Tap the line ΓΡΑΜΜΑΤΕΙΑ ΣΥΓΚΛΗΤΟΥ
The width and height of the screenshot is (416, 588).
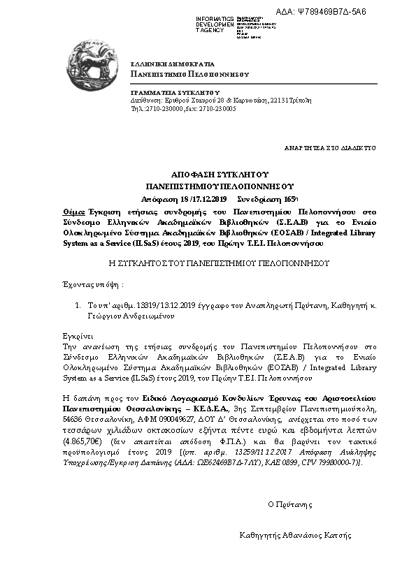pyautogui.click(x=175, y=92)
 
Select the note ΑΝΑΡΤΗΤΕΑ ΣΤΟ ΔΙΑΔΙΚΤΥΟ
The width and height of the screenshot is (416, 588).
pyautogui.click(x=330, y=148)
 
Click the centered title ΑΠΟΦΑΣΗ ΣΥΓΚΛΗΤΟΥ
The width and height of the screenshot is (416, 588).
pyautogui.click(x=220, y=173)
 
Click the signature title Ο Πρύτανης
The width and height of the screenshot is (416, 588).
pyautogui.click(x=290, y=504)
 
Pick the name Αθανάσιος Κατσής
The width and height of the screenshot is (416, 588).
pyautogui.click(x=316, y=536)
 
